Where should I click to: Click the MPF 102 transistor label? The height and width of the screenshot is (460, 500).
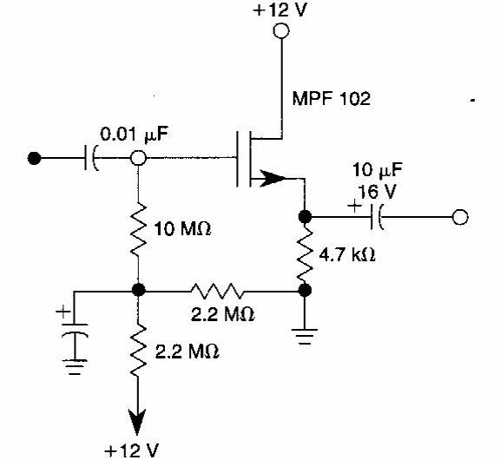pyautogui.click(x=332, y=98)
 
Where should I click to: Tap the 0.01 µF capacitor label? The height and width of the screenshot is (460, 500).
pyautogui.click(x=134, y=135)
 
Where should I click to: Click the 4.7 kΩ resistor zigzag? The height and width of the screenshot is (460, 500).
pyautogui.click(x=305, y=253)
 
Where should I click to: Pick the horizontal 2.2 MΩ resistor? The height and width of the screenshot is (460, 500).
pyautogui.click(x=217, y=291)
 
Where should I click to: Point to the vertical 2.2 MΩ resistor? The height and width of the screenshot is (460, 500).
pyautogui.click(x=138, y=350)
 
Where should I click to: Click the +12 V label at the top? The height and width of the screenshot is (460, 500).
pyautogui.click(x=280, y=10)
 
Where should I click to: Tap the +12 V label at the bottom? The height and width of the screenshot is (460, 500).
pyautogui.click(x=131, y=450)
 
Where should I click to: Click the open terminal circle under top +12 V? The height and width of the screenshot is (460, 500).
pyautogui.click(x=281, y=31)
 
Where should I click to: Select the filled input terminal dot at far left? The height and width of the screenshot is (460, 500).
pyautogui.click(x=34, y=158)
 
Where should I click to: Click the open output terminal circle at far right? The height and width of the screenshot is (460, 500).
pyautogui.click(x=460, y=217)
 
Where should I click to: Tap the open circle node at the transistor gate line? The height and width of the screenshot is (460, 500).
pyautogui.click(x=138, y=158)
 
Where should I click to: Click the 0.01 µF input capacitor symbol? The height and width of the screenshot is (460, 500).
pyautogui.click(x=91, y=158)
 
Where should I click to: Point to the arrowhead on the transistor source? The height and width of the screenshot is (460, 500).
pyautogui.click(x=273, y=178)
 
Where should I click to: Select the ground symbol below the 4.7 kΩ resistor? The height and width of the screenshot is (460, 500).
pyautogui.click(x=305, y=337)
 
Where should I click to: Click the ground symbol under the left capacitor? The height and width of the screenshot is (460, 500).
pyautogui.click(x=75, y=366)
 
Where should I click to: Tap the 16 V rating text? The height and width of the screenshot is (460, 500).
pyautogui.click(x=377, y=192)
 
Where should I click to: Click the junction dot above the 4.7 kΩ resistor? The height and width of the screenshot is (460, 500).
pyautogui.click(x=305, y=217)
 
